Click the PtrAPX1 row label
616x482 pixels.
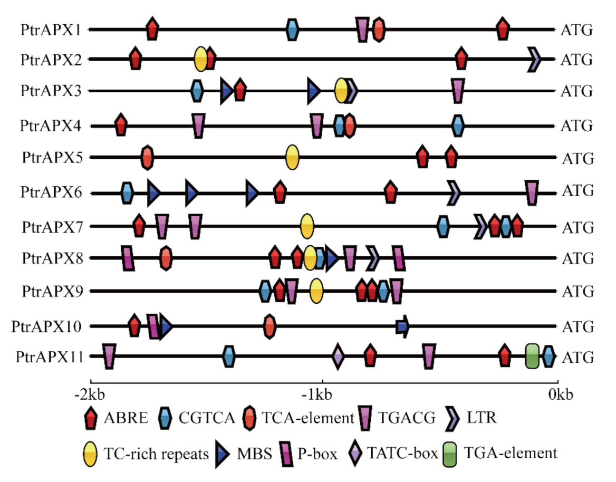pos(51,29)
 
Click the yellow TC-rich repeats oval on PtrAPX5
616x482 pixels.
pos(292,157)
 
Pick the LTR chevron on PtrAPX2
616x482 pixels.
pos(535,59)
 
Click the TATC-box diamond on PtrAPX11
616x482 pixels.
pos(338,356)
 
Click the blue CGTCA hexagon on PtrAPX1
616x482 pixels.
pos(292,30)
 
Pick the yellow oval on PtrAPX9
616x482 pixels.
pos(316,291)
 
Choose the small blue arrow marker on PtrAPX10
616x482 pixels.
pos(402,327)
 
